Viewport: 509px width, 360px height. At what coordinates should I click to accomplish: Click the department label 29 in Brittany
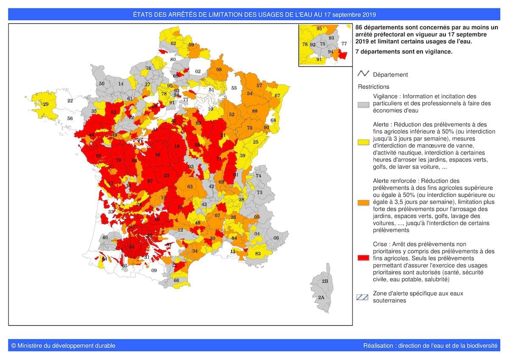(x=46, y=104)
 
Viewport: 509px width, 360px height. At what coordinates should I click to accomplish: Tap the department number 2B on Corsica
(x=324, y=281)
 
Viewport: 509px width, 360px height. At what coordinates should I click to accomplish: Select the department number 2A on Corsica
(x=321, y=297)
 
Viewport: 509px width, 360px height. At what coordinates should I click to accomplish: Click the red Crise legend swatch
(x=363, y=257)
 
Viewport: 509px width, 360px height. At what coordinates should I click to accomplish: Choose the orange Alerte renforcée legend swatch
(x=363, y=202)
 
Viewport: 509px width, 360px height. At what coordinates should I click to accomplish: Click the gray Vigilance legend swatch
(x=363, y=104)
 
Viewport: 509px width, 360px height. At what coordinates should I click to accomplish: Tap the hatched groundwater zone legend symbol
(x=362, y=297)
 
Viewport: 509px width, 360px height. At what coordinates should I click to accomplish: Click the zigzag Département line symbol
(x=364, y=74)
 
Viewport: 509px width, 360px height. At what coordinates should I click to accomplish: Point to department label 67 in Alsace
(x=277, y=96)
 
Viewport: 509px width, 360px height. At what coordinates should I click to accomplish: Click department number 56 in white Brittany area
(x=70, y=119)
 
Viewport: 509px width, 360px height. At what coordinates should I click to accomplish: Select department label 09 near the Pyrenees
(x=154, y=270)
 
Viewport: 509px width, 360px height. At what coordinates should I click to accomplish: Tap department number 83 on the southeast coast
(x=257, y=253)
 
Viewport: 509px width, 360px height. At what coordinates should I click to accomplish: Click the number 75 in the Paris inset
(x=322, y=44)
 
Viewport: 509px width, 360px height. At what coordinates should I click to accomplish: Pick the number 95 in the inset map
(x=319, y=28)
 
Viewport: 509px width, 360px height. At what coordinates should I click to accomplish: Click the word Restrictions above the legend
(x=373, y=87)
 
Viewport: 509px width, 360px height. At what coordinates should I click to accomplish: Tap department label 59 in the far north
(x=191, y=45)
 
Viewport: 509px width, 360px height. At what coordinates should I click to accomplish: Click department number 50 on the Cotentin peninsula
(x=102, y=84)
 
